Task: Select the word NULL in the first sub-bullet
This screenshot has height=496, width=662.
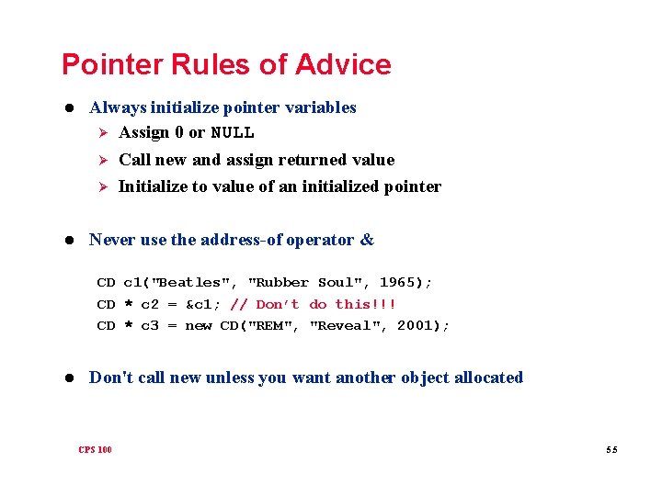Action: coord(233,132)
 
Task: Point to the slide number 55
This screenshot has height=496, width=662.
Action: coord(611,449)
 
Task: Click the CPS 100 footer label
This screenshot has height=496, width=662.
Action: coord(95,449)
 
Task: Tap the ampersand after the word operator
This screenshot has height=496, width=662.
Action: coord(368,240)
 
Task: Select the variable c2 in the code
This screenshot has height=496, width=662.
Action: coord(149,304)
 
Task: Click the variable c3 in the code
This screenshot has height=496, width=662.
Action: coord(149,325)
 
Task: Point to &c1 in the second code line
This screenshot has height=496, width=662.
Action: coord(202,304)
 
